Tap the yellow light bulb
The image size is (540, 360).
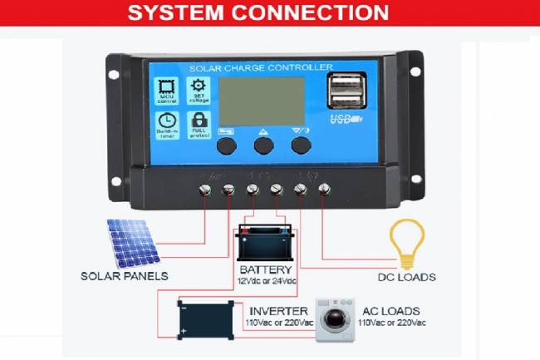[407, 242]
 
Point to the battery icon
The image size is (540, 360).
[265, 243]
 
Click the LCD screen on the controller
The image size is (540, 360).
[262, 101]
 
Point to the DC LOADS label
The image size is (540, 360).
[407, 277]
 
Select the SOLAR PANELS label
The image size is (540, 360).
[124, 276]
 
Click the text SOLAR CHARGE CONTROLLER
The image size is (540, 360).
[262, 67]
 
